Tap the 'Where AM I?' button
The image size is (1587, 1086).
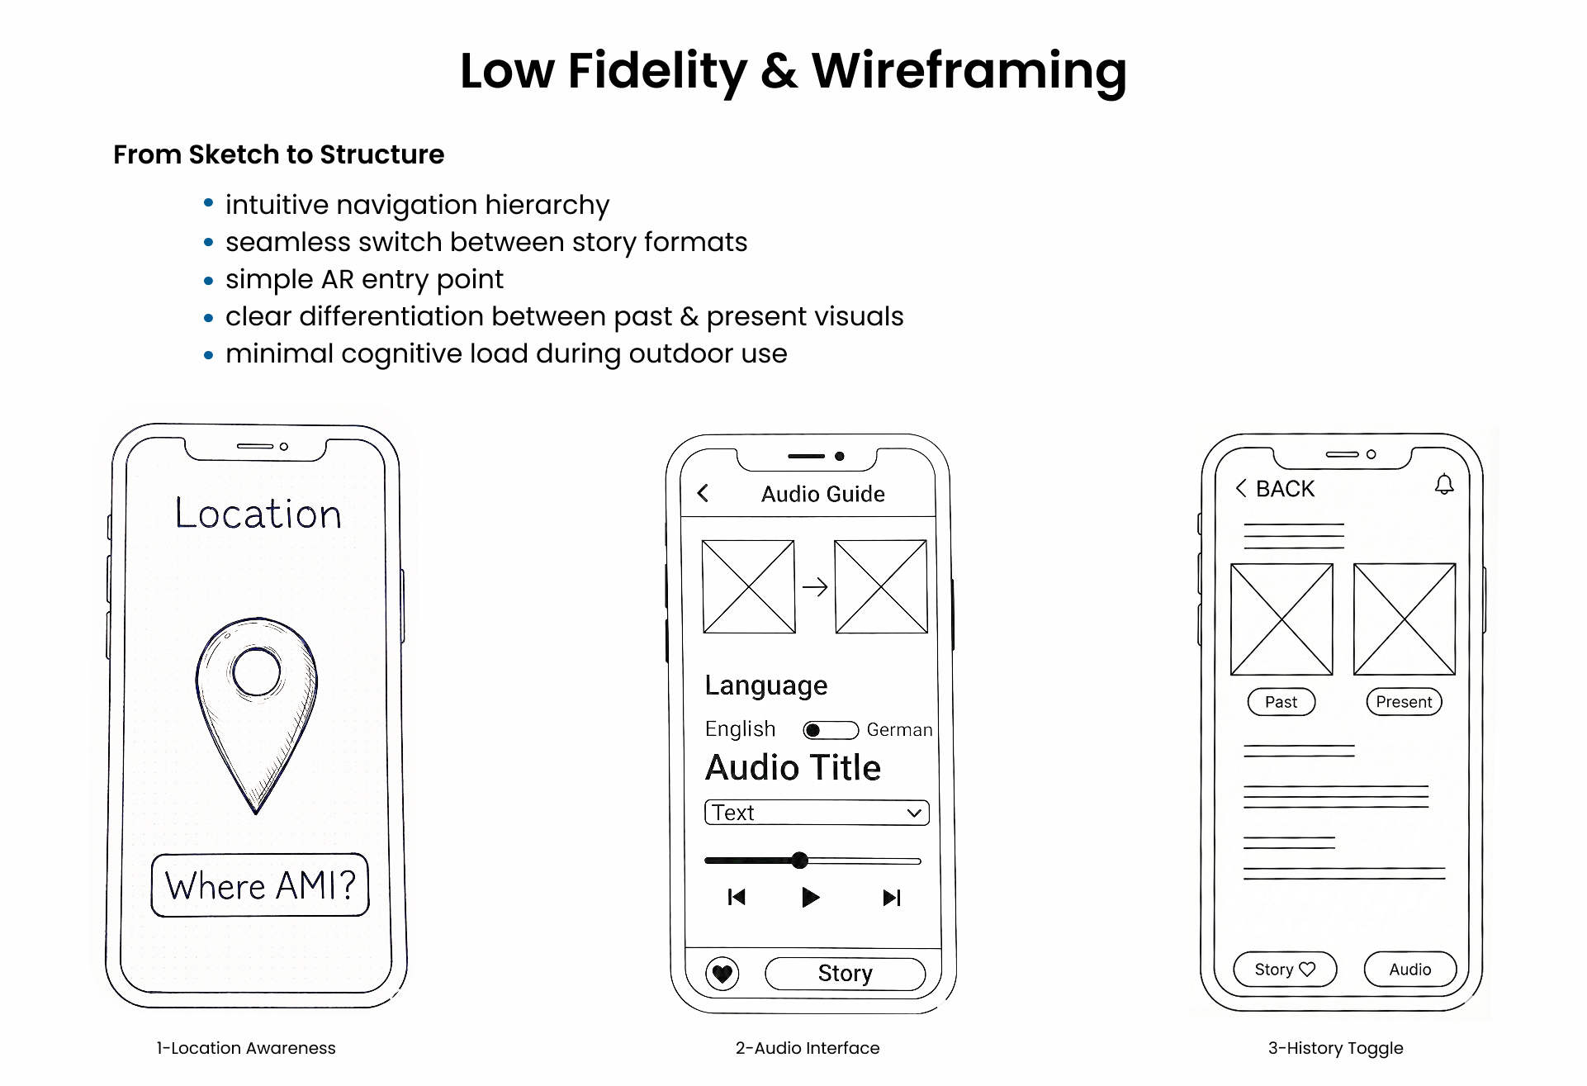[260, 885]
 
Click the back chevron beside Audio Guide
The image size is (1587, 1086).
[703, 494]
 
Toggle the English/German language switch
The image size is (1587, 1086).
[831, 730]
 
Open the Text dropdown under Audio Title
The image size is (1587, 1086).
[817, 813]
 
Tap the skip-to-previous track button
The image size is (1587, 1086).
[737, 898]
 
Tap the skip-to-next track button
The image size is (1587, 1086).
[892, 898]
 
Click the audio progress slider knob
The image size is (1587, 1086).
[799, 861]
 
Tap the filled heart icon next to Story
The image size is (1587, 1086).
[722, 974]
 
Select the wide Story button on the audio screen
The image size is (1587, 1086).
[845, 974]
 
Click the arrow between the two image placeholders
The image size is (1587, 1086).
[815, 587]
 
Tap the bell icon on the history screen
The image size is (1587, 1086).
[1444, 485]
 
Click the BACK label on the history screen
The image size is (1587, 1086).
[1284, 489]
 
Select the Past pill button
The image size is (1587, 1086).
[1281, 702]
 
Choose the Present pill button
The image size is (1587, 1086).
[1404, 702]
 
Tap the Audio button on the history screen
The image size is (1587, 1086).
[1409, 970]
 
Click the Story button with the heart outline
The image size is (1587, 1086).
[1284, 970]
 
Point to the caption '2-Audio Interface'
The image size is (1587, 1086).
[808, 1048]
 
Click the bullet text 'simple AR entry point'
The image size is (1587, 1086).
[364, 279]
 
